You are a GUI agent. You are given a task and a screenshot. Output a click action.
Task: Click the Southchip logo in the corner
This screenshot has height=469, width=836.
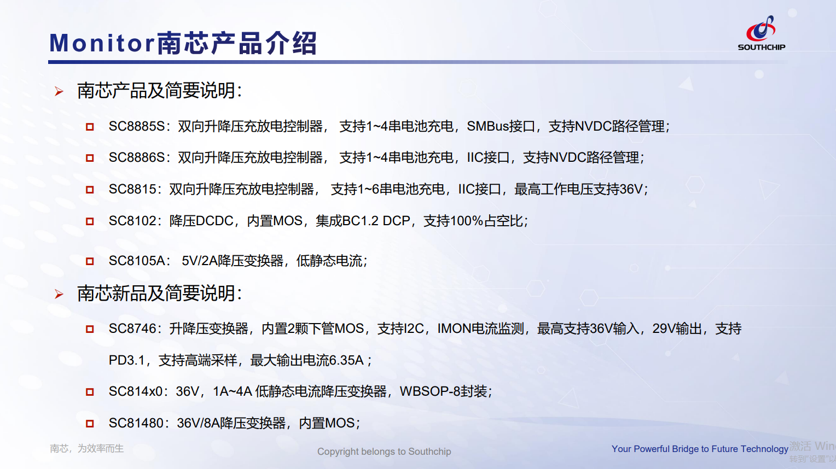[x=762, y=33]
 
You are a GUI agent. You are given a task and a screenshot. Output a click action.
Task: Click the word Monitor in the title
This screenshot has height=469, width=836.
[x=102, y=43]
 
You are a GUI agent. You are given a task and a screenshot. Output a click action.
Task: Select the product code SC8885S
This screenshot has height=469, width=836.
[x=137, y=126]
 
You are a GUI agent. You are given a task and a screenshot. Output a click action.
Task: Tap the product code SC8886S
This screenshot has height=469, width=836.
[x=137, y=158]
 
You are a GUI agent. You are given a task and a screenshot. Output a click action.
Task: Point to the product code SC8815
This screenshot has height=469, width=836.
[x=132, y=189]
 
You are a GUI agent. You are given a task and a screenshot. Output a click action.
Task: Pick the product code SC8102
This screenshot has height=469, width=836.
[x=132, y=221]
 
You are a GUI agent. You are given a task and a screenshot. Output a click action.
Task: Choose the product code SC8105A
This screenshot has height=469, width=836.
[x=137, y=261]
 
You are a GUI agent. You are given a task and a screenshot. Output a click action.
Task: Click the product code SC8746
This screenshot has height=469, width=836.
[x=132, y=329]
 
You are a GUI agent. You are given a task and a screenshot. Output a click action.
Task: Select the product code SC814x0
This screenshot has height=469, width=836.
[x=136, y=391]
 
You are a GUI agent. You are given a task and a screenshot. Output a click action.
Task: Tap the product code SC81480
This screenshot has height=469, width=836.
[x=136, y=423]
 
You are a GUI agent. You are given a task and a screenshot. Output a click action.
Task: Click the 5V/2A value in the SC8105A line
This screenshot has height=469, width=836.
[x=200, y=261]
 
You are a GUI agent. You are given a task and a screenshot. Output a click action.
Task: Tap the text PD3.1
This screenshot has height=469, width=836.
[x=126, y=361]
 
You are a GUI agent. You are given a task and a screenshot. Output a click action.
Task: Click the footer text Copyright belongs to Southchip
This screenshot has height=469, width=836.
[x=384, y=452]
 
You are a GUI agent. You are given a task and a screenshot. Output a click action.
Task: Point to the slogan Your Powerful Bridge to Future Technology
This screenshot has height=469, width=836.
[x=700, y=449]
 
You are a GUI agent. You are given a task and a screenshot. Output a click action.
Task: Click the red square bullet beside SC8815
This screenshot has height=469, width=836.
[x=90, y=190]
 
